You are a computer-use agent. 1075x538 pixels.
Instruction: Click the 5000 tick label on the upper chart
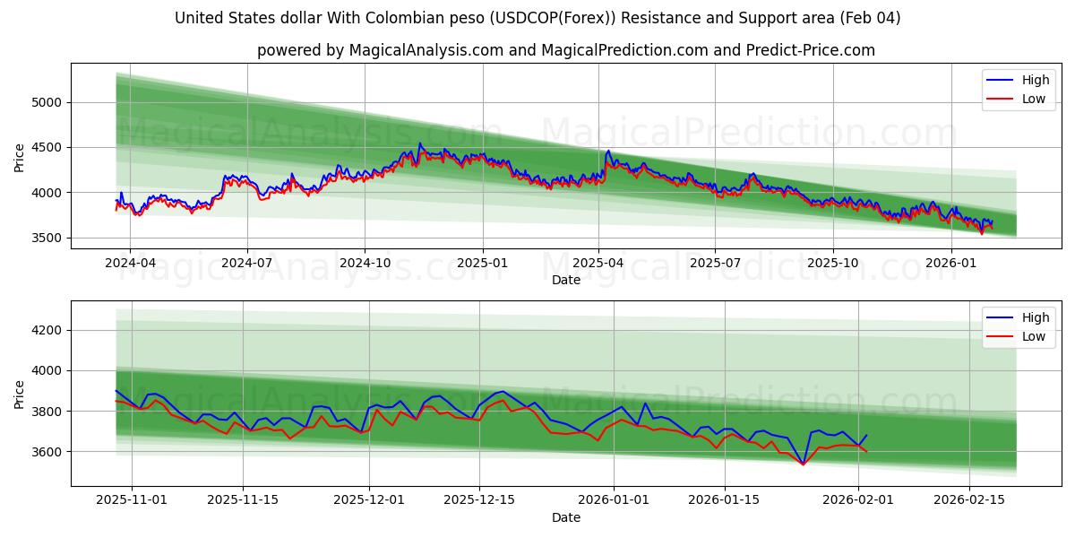[x=45, y=102]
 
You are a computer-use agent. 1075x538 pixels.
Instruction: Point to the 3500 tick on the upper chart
[x=45, y=238]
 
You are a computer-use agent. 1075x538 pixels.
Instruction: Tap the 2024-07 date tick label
[x=246, y=264]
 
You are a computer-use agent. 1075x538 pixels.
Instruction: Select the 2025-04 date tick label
[x=598, y=264]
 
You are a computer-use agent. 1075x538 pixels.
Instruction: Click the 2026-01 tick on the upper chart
[x=950, y=264]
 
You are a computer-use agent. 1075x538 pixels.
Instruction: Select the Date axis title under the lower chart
[x=565, y=517]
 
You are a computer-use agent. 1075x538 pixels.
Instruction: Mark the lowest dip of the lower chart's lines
[x=803, y=464]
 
